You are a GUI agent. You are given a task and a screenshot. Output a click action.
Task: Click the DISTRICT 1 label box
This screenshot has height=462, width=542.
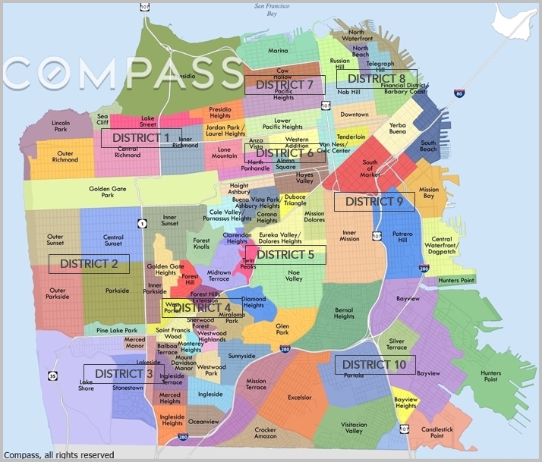pyautogui.click(x=141, y=138)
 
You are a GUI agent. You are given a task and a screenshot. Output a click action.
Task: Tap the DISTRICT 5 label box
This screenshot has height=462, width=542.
pyautogui.click(x=285, y=255)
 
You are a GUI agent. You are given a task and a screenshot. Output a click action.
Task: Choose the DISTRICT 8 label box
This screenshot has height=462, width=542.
pyautogui.click(x=377, y=79)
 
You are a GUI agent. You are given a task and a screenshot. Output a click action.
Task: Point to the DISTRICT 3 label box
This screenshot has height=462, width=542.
pyautogui.click(x=124, y=374)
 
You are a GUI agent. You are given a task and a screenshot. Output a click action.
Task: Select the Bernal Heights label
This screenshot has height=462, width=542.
pyautogui.click(x=344, y=312)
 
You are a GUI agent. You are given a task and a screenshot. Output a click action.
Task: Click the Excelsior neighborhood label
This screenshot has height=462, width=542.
pyautogui.click(x=300, y=397)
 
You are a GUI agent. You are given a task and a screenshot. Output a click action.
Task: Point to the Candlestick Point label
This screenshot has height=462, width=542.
pyautogui.click(x=432, y=432)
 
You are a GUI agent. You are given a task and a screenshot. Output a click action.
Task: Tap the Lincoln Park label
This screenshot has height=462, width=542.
pyautogui.click(x=61, y=125)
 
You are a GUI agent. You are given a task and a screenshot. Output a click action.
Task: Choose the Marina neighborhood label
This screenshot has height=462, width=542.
pyautogui.click(x=278, y=51)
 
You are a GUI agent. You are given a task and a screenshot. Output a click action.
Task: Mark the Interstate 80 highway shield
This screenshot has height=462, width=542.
pyautogui.click(x=459, y=93)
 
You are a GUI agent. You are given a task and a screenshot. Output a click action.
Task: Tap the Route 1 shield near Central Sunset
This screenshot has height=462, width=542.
pyautogui.click(x=141, y=222)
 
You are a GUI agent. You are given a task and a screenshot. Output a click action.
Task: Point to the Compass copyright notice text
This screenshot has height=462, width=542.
pyautogui.click(x=58, y=455)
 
